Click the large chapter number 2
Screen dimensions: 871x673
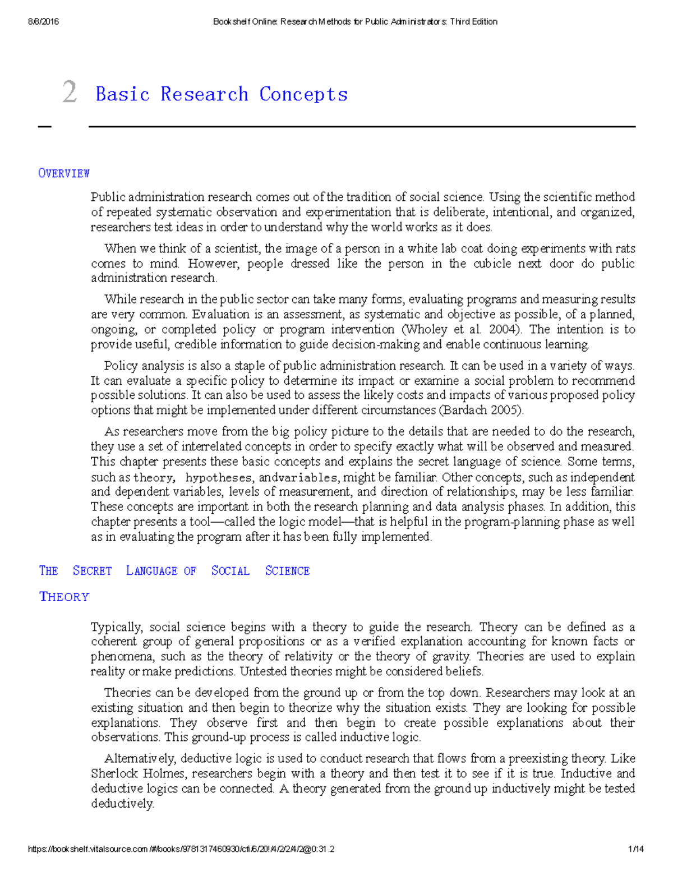[x=70, y=92]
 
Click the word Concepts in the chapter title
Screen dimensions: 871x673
[x=303, y=94]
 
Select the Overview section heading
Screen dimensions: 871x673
[x=64, y=173]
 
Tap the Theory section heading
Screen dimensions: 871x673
[x=64, y=597]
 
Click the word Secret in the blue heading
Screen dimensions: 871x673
[x=92, y=571]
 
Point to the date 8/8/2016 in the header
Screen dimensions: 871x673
[x=43, y=22]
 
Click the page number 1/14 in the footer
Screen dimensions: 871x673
[x=636, y=849]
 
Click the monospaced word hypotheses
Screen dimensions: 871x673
[x=219, y=477]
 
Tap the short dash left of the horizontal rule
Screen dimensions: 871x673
[x=44, y=127]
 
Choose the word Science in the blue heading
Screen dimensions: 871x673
[x=287, y=571]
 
